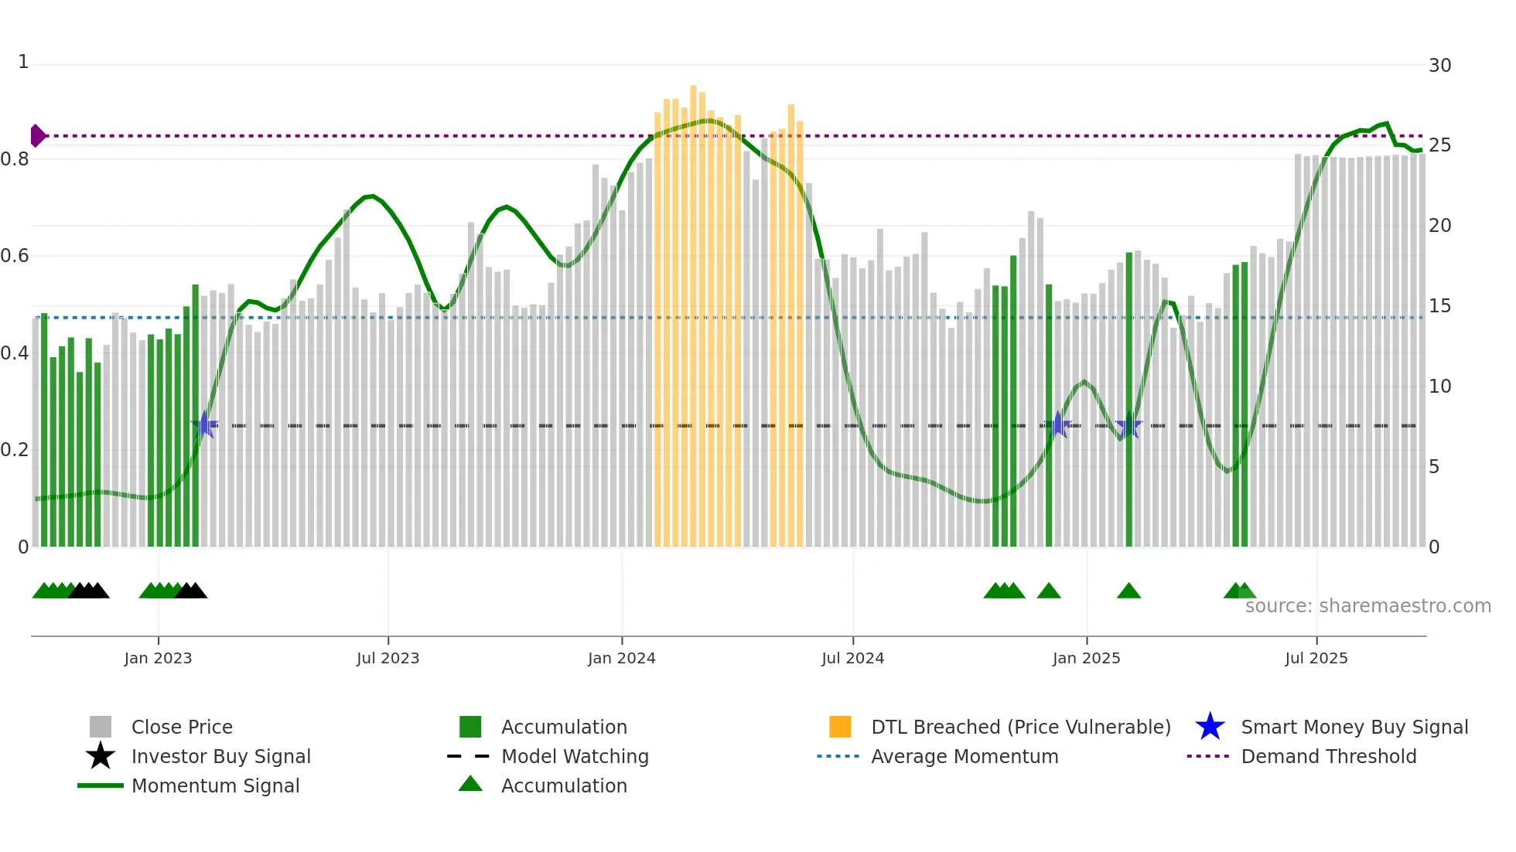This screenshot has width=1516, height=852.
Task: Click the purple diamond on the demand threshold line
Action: tap(37, 135)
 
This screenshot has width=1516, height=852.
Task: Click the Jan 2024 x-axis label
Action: tap(621, 658)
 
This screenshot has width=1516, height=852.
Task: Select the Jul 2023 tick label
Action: tap(388, 658)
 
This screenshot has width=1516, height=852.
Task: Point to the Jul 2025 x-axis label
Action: tap(1316, 658)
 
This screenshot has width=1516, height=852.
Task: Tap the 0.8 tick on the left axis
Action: tap(15, 159)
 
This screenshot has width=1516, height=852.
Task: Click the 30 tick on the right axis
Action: tap(1439, 66)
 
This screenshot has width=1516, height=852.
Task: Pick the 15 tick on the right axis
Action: tap(1439, 306)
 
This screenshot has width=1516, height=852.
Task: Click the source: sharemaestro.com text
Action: tap(1367, 606)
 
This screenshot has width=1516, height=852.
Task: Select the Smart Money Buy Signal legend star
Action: tap(1210, 727)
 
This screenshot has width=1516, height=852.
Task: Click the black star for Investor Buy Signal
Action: tap(101, 756)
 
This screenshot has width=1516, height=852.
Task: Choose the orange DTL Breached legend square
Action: tap(840, 727)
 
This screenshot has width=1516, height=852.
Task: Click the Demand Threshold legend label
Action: tap(1328, 756)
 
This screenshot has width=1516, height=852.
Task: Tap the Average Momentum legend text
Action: tap(965, 756)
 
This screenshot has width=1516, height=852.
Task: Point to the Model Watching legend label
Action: tap(575, 756)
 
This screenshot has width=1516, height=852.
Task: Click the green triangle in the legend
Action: tap(470, 784)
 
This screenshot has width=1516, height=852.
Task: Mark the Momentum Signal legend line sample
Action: tap(101, 786)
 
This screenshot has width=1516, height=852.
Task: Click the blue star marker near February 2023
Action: tap(205, 424)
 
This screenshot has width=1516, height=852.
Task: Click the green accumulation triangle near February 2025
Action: tap(1128, 591)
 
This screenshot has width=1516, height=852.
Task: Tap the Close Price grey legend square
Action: tap(101, 727)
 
